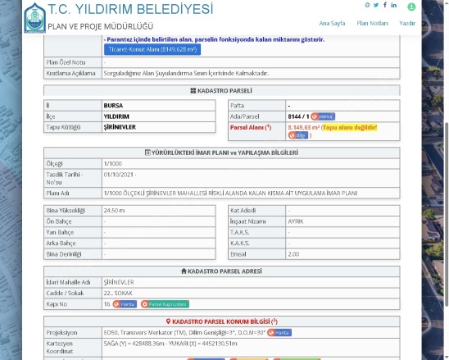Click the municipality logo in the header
point(34,18)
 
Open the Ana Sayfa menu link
point(331,24)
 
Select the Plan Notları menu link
point(372,24)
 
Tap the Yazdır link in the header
point(407,24)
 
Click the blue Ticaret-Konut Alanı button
point(142,49)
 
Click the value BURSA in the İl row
point(113,106)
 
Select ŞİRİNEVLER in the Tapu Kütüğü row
point(120,127)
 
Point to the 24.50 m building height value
point(114,211)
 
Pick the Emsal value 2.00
point(293,253)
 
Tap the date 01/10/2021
point(120,175)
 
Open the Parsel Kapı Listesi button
point(165,303)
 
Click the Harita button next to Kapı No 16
point(125,303)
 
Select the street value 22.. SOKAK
point(119,293)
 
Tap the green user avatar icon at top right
point(411,7)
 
